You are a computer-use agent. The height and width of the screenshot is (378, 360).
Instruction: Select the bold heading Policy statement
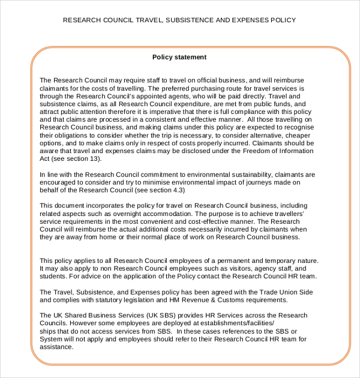point(179,58)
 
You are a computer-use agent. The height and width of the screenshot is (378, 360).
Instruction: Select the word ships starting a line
point(48,331)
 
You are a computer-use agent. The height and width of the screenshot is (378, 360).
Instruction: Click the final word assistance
point(56,347)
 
